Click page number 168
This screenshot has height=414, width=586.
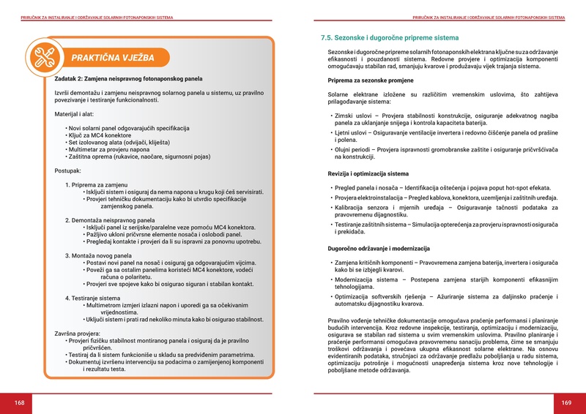tap(20, 403)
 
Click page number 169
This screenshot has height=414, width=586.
tap(566, 403)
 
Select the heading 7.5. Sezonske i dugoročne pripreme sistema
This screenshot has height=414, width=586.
tap(390, 37)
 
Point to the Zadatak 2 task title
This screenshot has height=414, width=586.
tap(127, 78)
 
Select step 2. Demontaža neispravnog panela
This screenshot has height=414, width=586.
tap(110, 219)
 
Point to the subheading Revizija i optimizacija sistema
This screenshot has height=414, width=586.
tap(368, 174)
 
